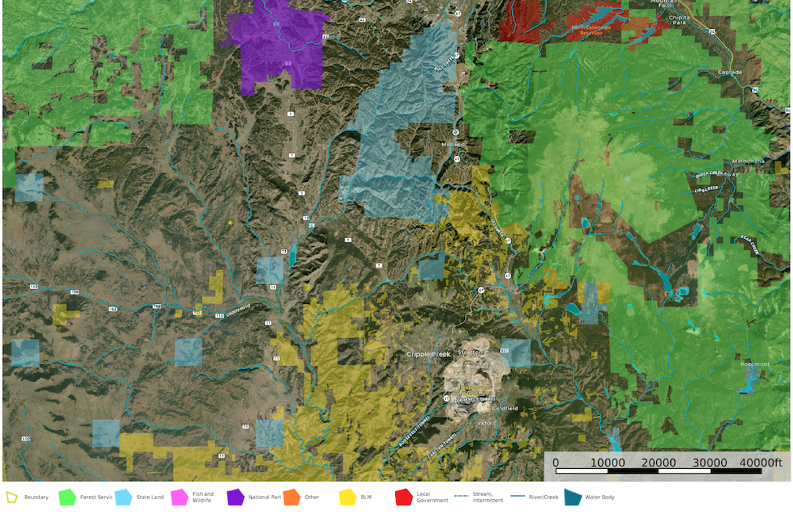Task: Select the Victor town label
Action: pyautogui.click(x=484, y=423)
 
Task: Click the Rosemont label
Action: pyautogui.click(x=755, y=364)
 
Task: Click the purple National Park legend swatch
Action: pyautogui.click(x=236, y=497)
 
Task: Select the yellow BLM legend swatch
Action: pyautogui.click(x=348, y=497)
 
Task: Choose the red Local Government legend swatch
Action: pyautogui.click(x=403, y=497)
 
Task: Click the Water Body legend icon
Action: pyautogui.click(x=572, y=497)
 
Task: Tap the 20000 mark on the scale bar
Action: pyautogui.click(x=659, y=463)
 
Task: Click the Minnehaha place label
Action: pyautogui.click(x=749, y=162)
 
